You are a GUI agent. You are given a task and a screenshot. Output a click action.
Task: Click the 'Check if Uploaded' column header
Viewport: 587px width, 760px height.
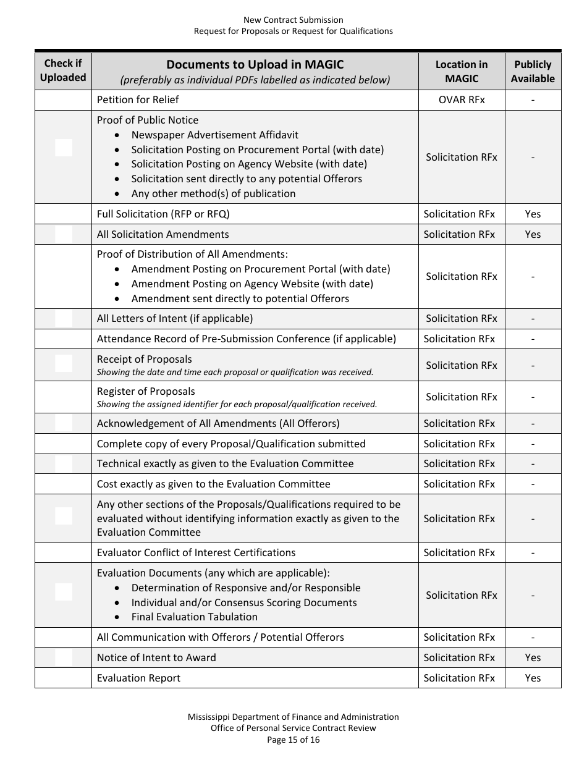(63, 70)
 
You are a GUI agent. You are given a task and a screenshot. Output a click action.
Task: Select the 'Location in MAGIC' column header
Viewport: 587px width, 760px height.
(462, 71)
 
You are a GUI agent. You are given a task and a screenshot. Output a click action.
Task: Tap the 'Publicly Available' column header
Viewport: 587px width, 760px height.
(533, 71)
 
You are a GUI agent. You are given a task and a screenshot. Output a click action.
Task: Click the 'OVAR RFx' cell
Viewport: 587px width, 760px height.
(462, 99)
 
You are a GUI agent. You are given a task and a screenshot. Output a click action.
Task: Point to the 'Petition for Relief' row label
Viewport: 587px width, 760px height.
(138, 99)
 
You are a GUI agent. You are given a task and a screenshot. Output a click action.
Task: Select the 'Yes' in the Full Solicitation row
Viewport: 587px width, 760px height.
(533, 214)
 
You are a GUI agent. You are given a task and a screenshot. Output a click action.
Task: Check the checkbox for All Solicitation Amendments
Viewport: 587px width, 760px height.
(64, 234)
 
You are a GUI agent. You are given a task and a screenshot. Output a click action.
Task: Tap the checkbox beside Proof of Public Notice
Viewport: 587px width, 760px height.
(64, 148)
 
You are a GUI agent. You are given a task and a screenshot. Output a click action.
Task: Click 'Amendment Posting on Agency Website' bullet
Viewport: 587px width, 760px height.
(252, 284)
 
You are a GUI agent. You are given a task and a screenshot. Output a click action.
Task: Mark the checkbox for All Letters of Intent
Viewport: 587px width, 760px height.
(64, 318)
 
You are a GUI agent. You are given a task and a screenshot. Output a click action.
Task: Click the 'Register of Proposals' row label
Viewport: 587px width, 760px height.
(146, 391)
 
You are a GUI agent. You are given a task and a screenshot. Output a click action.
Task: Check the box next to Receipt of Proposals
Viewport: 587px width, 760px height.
(64, 363)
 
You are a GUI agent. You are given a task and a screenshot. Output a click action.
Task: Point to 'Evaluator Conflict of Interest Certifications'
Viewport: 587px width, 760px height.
(196, 552)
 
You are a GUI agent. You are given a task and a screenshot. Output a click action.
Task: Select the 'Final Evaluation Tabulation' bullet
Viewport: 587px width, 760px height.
(194, 617)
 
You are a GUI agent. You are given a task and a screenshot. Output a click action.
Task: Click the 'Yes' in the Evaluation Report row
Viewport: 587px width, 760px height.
(533, 678)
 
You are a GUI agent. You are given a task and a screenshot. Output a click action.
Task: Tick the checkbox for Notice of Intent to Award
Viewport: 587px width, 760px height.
(64, 657)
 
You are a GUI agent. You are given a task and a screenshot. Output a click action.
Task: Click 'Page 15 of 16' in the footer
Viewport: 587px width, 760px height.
(293, 739)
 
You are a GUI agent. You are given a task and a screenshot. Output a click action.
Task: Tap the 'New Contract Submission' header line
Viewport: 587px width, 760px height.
(293, 20)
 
